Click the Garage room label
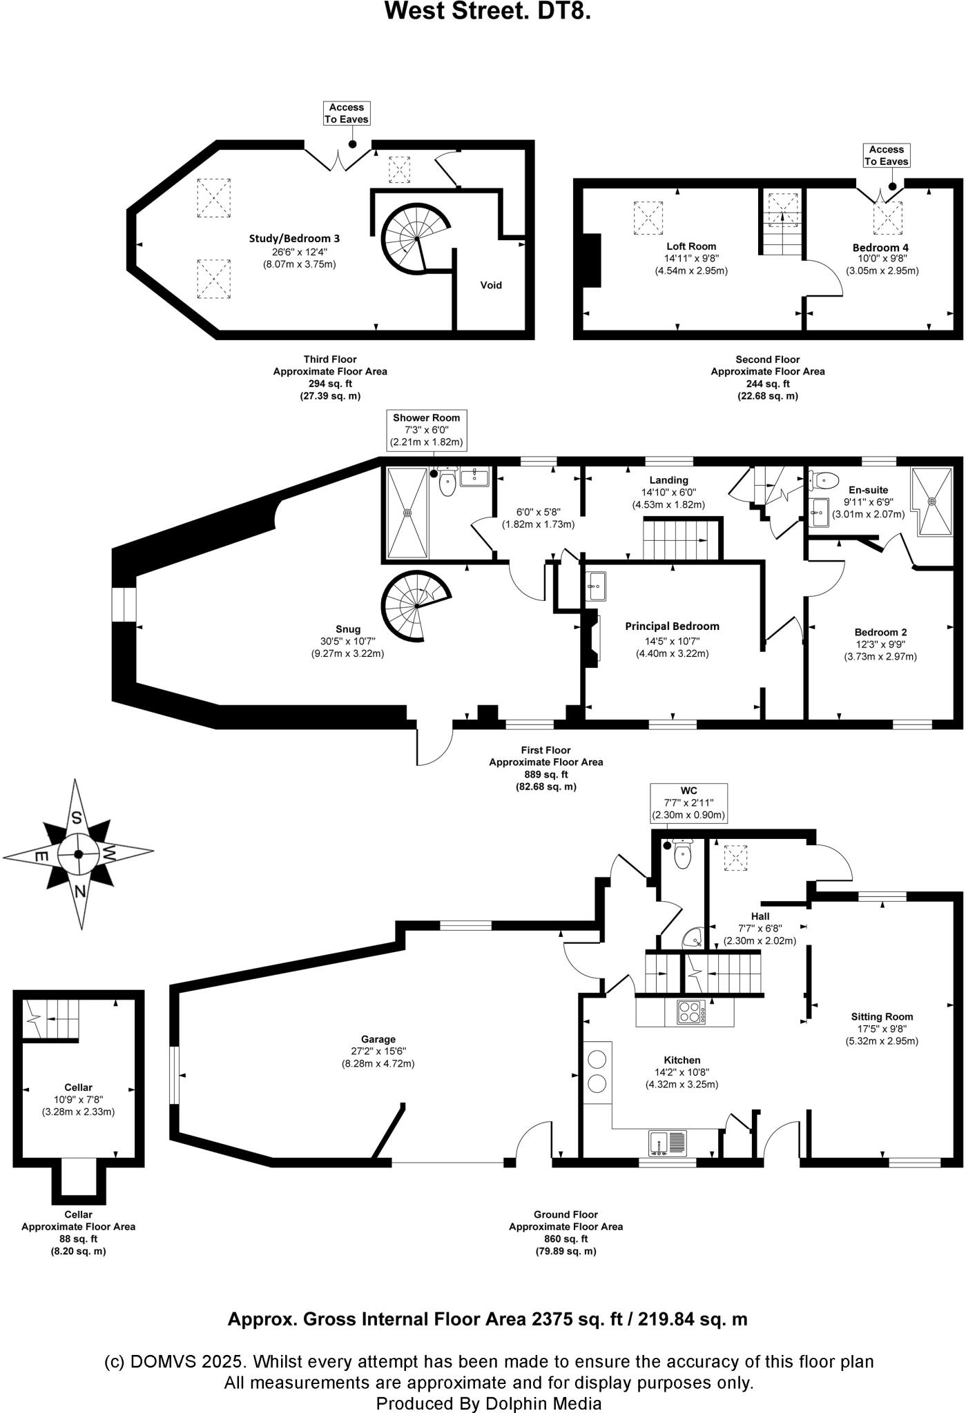(x=378, y=1039)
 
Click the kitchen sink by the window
(x=667, y=1143)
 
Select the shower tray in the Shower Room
(x=407, y=513)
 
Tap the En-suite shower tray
(x=934, y=501)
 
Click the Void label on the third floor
(x=491, y=285)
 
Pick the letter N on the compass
(x=81, y=891)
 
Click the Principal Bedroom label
(x=672, y=626)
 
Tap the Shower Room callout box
(x=426, y=430)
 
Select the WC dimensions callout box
(x=688, y=802)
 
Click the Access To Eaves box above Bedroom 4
(x=886, y=155)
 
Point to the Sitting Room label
(x=882, y=1016)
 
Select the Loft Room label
(x=690, y=246)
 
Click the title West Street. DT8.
(x=487, y=12)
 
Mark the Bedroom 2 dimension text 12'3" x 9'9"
(x=880, y=644)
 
